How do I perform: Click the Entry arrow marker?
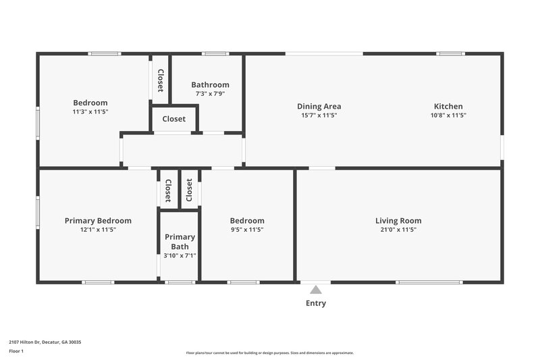coord(316,289)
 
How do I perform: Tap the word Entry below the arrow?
coord(316,303)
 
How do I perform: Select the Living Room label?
coord(398,221)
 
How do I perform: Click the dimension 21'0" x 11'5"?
coord(398,230)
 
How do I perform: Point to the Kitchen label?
coord(448,106)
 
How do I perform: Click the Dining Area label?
coord(319,106)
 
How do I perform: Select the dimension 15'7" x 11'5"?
coord(319,115)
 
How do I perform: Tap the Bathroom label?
coord(210,85)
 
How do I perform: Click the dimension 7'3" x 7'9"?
coord(210,94)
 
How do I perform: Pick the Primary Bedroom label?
coord(98,221)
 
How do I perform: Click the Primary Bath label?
coord(180,242)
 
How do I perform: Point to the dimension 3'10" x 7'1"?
coord(180,255)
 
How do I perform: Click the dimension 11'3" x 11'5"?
coord(90,111)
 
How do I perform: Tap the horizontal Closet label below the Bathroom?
coord(173,119)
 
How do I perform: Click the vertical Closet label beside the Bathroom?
coord(161,80)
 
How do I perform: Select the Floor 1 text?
coord(16,351)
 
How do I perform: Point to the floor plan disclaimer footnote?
coord(269,353)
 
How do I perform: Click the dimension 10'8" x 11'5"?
coord(448,115)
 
